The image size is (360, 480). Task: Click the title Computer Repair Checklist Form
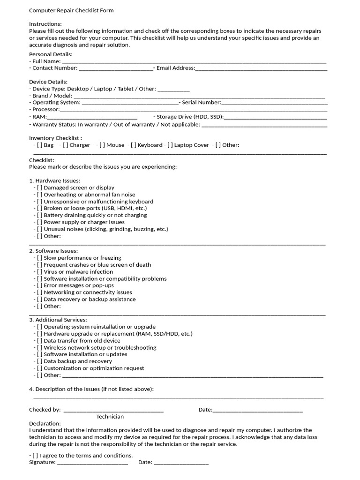coord(71,10)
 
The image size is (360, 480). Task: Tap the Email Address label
coord(175,68)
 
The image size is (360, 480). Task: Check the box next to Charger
coord(66,145)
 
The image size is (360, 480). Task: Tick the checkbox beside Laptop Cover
coord(170,145)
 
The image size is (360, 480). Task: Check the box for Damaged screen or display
coord(40,187)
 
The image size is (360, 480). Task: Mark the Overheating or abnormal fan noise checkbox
coord(40,195)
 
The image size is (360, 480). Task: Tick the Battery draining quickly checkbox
coord(40,215)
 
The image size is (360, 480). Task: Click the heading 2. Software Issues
coord(53,251)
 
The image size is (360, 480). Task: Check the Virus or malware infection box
coord(40,271)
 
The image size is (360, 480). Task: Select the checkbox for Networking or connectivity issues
coord(40,292)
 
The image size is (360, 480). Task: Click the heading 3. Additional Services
coord(58,320)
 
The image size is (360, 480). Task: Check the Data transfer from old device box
coord(40,341)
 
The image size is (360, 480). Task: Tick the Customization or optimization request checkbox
coord(40,368)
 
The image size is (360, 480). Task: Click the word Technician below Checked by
coord(110,417)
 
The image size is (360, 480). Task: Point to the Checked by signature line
coord(113,411)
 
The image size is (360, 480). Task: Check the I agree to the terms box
coord(36,456)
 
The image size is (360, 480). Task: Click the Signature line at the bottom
coord(92,464)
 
